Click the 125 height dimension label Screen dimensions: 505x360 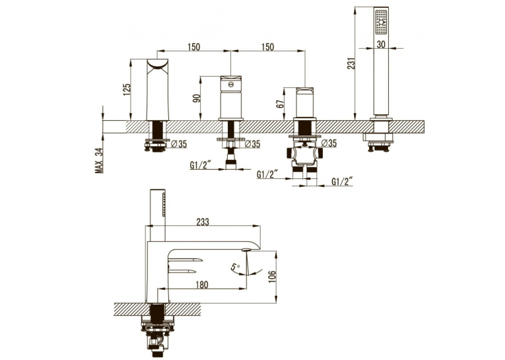pyautogui.click(x=127, y=90)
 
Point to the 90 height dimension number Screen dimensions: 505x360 pyautogui.click(x=197, y=98)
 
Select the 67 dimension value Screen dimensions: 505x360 pyautogui.click(x=280, y=104)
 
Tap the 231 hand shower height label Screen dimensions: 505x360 pyautogui.click(x=352, y=63)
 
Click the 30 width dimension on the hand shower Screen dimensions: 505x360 pyautogui.click(x=381, y=44)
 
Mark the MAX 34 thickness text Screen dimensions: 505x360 pyautogui.click(x=99, y=161)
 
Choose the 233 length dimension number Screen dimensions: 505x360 pyautogui.click(x=203, y=222)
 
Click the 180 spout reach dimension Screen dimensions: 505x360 pyautogui.click(x=202, y=285)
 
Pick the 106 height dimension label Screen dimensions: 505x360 pyautogui.click(x=272, y=277)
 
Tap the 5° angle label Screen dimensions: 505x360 pyautogui.click(x=236, y=267)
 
